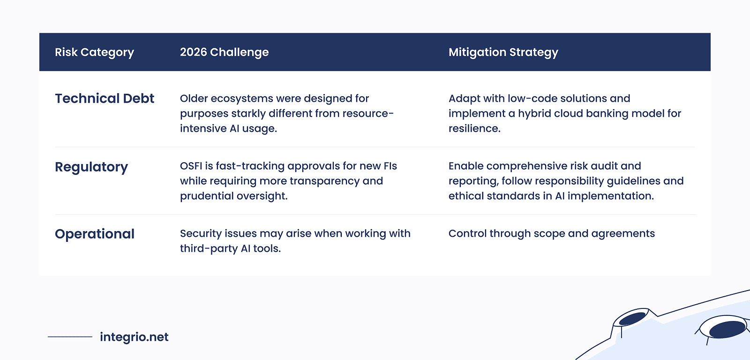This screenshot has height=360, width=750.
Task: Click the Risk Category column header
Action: [94, 52]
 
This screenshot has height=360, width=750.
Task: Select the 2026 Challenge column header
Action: [224, 52]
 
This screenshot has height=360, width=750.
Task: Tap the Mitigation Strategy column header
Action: [503, 52]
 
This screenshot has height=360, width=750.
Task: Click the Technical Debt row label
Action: [104, 98]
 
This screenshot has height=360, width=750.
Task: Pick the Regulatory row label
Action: [91, 167]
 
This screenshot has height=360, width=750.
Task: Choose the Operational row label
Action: [94, 234]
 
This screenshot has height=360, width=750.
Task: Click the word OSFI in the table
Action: [191, 166]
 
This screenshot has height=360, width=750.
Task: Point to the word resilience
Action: [473, 128]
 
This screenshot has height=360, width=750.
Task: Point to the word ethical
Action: [464, 196]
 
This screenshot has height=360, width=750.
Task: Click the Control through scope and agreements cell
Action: [551, 233]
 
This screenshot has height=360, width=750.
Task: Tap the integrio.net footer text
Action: [134, 337]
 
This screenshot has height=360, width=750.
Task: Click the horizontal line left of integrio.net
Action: [70, 337]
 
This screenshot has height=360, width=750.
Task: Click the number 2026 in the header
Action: [193, 52]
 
